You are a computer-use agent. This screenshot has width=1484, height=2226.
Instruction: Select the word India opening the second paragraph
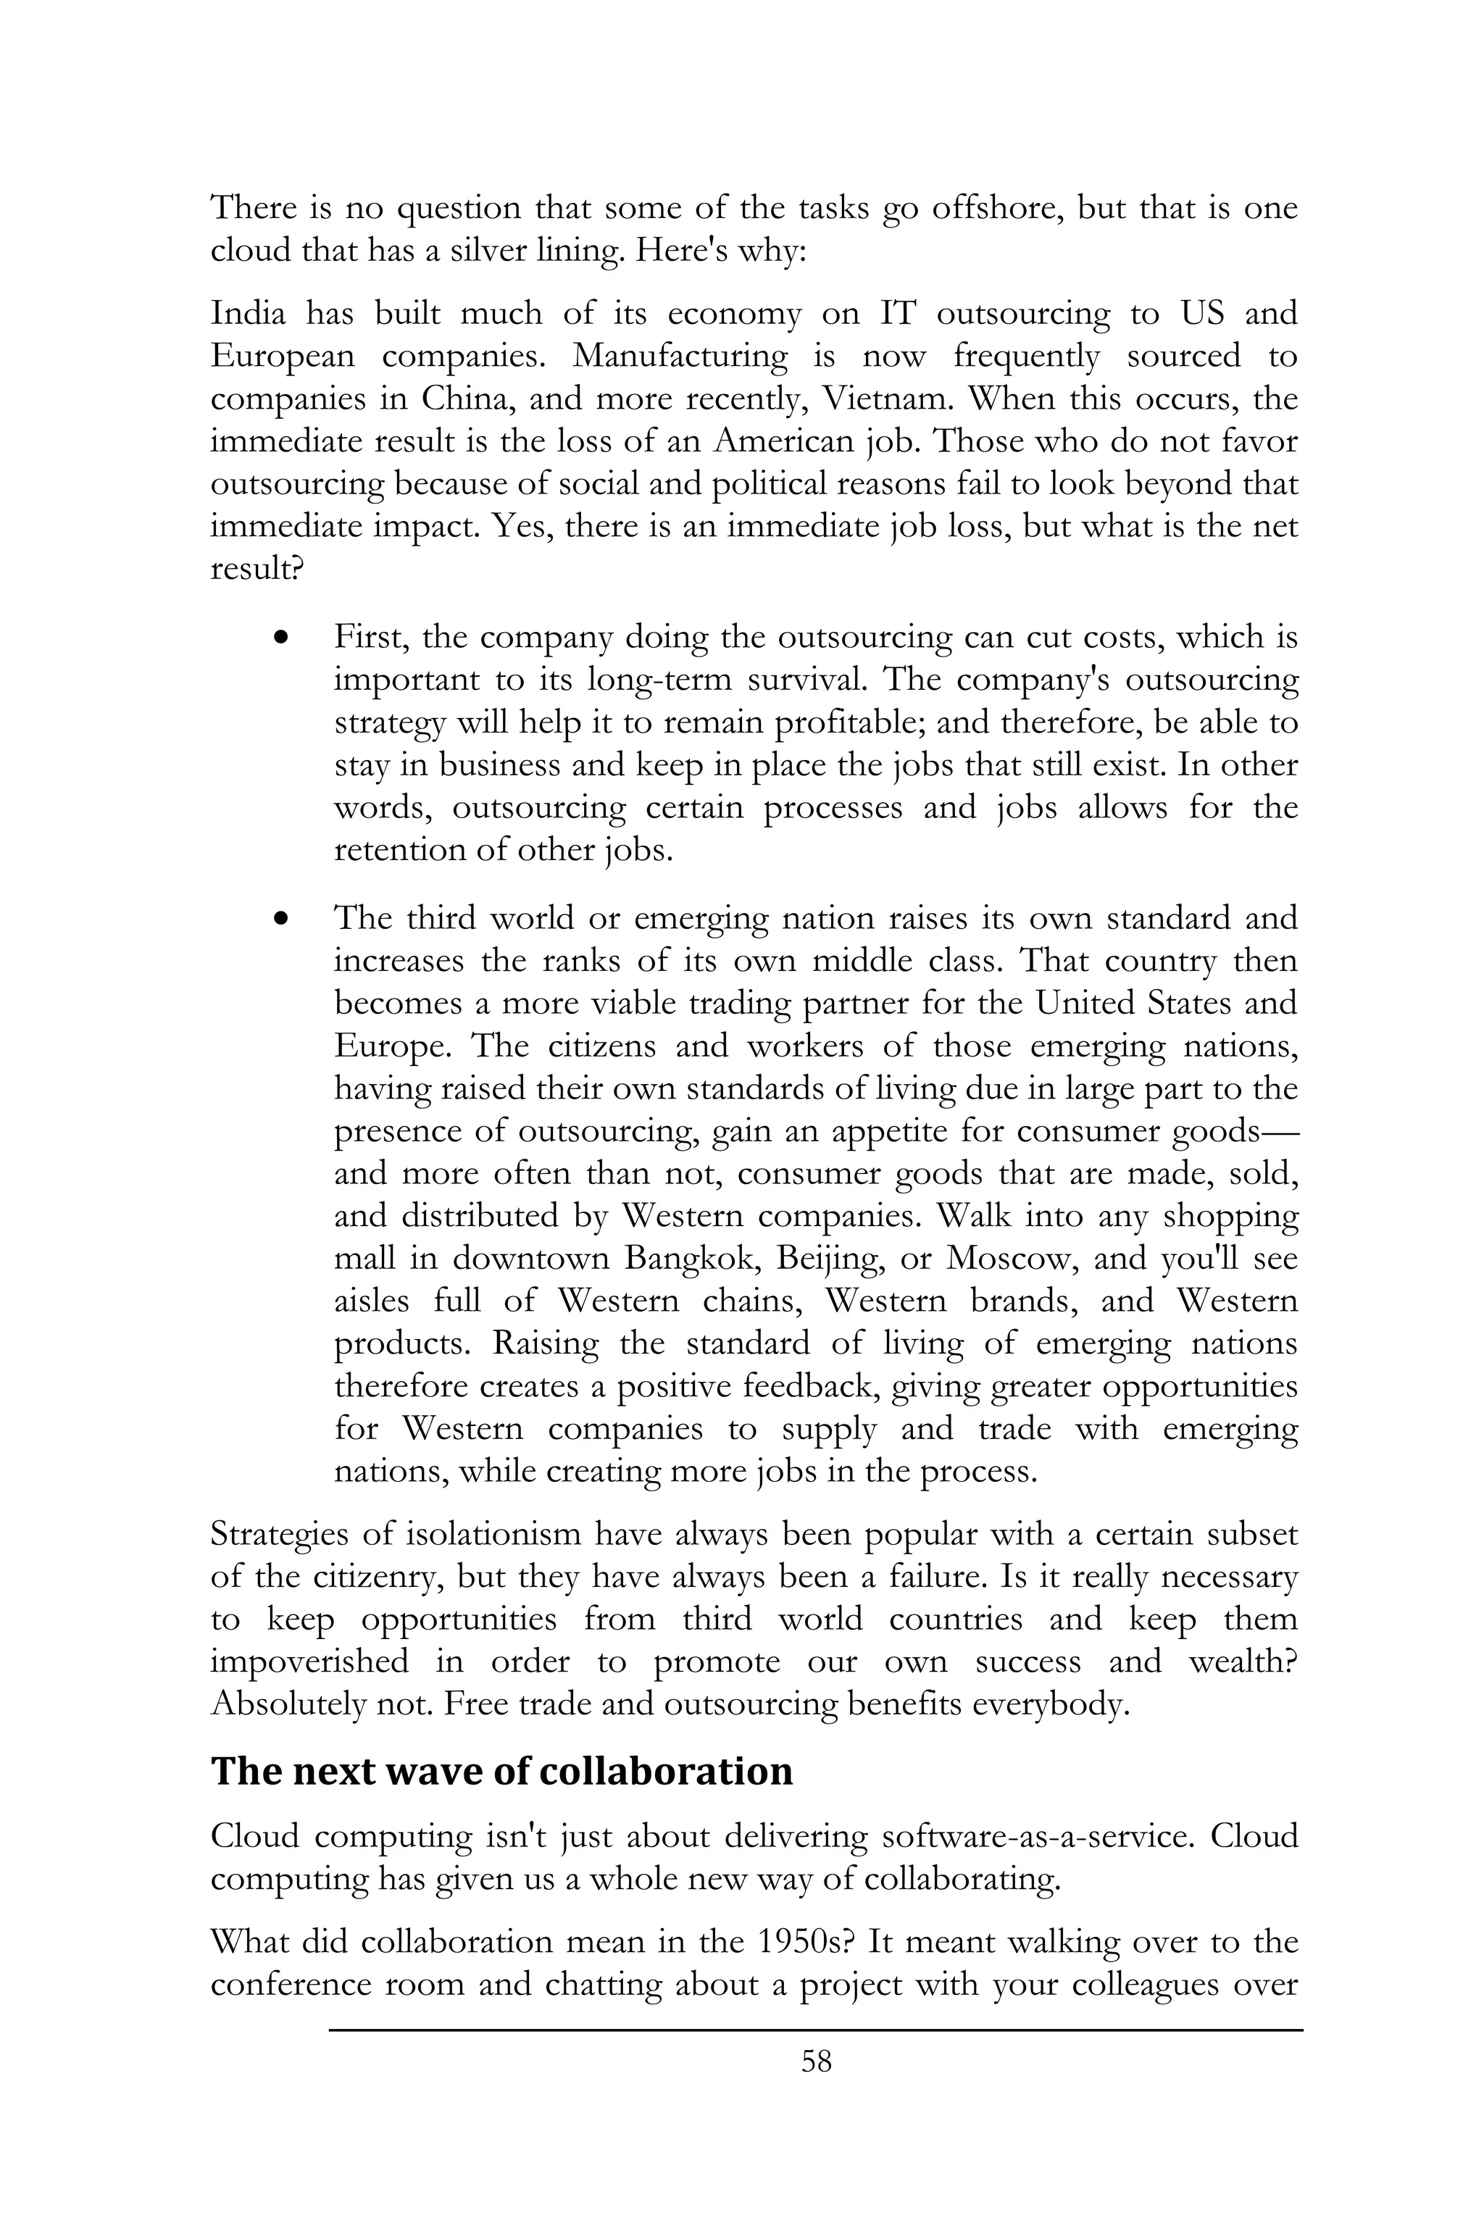(248, 313)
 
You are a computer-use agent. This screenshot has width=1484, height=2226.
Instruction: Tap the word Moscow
(1009, 1259)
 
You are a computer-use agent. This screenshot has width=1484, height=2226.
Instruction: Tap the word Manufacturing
(680, 356)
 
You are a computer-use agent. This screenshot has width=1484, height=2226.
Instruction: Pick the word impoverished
(309, 1662)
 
